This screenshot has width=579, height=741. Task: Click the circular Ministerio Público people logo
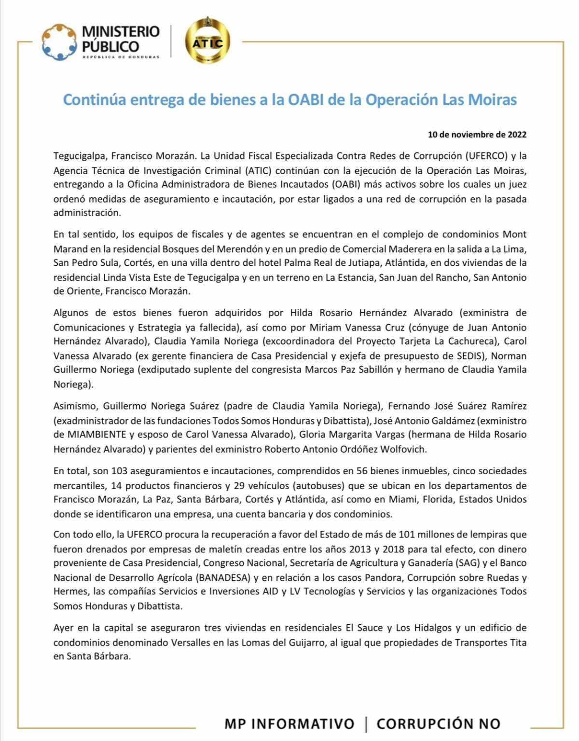tap(59, 42)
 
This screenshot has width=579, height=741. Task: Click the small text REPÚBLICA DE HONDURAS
tap(121, 57)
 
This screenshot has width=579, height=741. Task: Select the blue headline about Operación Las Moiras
tap(290, 100)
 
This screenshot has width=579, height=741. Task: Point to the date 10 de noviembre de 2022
tap(477, 135)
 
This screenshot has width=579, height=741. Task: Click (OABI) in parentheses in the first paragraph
tap(345, 184)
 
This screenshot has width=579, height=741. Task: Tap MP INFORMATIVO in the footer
tap(289, 724)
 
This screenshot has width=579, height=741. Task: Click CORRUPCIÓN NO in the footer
tap(438, 724)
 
